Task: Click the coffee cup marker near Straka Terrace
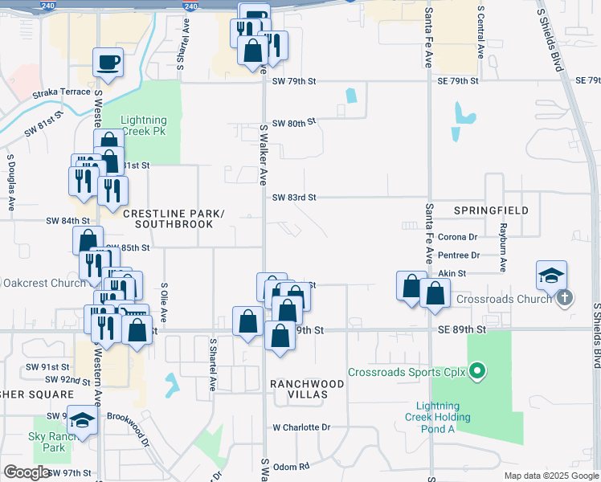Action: (108, 62)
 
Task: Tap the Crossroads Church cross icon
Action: (565, 298)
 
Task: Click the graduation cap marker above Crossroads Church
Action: (552, 276)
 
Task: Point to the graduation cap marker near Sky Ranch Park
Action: (83, 419)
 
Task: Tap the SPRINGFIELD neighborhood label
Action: (491, 210)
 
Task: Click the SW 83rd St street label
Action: (294, 197)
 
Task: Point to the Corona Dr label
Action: (458, 237)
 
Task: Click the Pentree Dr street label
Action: (460, 255)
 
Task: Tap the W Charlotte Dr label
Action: (301, 427)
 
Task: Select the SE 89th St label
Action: (462, 329)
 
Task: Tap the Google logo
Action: (27, 472)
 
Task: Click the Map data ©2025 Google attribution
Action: (550, 476)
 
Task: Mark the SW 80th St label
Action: (294, 123)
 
